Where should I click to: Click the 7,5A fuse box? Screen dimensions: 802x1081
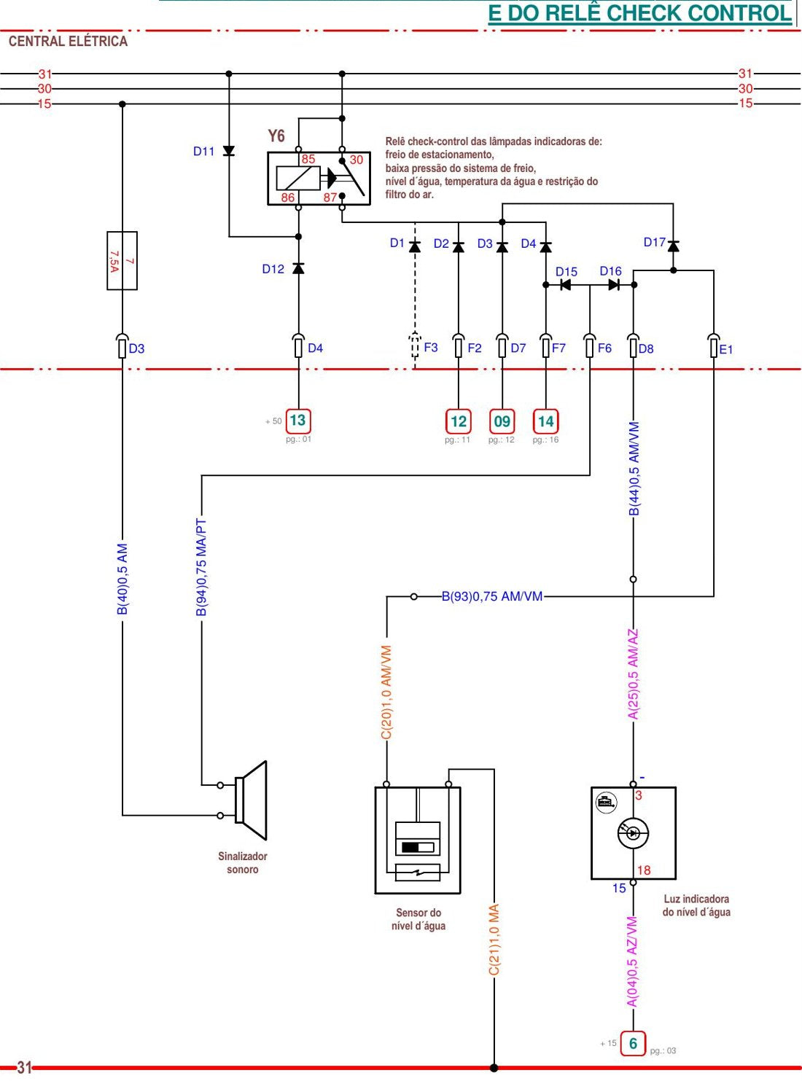(x=122, y=261)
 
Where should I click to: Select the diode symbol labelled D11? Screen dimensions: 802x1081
(x=229, y=151)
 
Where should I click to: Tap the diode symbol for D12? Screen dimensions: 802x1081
(x=298, y=268)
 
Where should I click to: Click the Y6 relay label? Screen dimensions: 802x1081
(x=276, y=136)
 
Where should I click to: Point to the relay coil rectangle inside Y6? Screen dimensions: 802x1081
(x=298, y=178)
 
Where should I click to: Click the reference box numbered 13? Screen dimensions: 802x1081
(x=298, y=420)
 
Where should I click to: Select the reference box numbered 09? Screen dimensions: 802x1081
(x=502, y=421)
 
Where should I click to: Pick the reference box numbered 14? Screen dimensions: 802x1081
(x=546, y=421)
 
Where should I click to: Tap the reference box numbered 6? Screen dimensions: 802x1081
(x=633, y=1044)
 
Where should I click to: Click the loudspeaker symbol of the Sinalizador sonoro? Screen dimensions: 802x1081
(x=251, y=800)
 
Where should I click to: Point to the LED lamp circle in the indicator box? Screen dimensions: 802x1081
(x=633, y=833)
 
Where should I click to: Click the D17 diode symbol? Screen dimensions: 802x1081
(x=673, y=246)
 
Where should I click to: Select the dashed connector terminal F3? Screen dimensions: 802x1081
(x=415, y=345)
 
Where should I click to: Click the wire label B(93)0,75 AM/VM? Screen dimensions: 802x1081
(x=492, y=596)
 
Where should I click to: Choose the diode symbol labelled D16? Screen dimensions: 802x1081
(x=614, y=284)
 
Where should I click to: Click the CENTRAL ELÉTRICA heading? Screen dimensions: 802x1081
(x=69, y=42)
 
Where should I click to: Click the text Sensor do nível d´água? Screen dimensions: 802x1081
(x=418, y=919)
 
